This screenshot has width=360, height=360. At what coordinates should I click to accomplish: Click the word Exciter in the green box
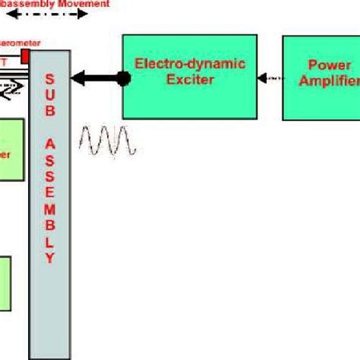pyautogui.click(x=190, y=79)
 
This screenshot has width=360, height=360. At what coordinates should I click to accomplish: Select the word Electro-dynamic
pyautogui.click(x=190, y=64)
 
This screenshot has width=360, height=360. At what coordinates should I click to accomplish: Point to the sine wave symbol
pyautogui.click(x=109, y=141)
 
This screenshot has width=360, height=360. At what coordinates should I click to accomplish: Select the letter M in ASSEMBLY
pyautogui.click(x=50, y=211)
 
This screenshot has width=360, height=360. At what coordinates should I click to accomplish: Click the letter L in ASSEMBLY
pyautogui.click(x=50, y=242)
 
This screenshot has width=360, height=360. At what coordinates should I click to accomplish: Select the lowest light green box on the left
pyautogui.click(x=5, y=283)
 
